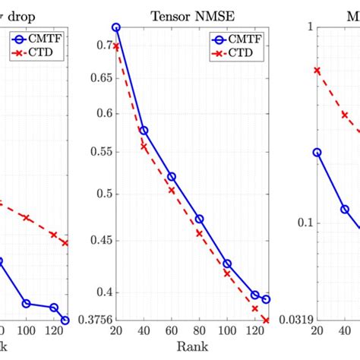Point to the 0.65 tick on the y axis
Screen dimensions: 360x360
[x=97, y=77]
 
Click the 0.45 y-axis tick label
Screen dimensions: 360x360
[x=97, y=241]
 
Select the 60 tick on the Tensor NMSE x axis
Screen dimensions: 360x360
[x=172, y=332]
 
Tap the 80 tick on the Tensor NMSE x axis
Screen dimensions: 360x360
[x=199, y=332]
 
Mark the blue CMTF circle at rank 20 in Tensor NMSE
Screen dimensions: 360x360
[x=116, y=27]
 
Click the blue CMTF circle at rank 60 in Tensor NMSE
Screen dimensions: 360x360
[x=172, y=176]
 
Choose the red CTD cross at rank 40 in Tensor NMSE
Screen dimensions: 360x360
[x=144, y=147]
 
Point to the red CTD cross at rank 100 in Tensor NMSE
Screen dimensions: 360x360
[x=227, y=273]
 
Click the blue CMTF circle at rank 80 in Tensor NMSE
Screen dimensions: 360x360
[x=199, y=219]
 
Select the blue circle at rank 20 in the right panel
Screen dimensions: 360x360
[x=317, y=153]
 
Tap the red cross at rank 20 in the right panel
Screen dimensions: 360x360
[x=317, y=70]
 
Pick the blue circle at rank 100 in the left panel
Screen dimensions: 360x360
[x=26, y=303]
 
